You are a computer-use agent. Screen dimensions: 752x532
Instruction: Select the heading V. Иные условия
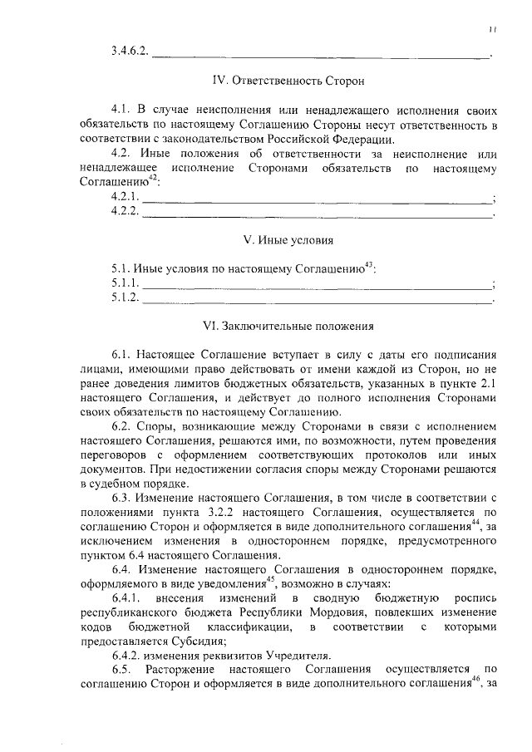click(288, 240)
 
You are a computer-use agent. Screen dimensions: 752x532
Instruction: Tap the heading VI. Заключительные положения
click(288, 327)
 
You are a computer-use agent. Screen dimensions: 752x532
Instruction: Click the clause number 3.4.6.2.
click(129, 52)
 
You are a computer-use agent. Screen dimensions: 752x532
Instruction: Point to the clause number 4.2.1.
click(126, 196)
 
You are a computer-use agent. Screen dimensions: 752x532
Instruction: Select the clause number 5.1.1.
click(126, 283)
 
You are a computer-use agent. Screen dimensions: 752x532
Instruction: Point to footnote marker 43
click(370, 265)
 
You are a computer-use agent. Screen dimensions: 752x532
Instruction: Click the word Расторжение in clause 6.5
click(185, 669)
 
